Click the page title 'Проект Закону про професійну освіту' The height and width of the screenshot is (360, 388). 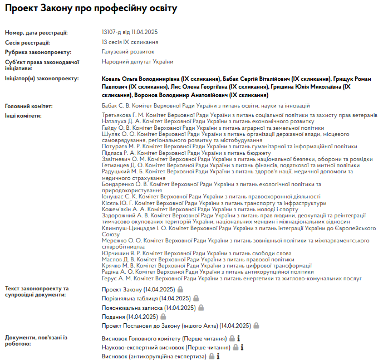pos(91,9)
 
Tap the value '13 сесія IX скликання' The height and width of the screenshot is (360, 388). pos(130,42)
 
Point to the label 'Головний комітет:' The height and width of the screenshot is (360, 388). pos(28,106)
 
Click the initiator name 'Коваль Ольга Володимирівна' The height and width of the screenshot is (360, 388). pos(140,79)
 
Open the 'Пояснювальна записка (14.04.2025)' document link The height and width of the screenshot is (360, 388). pos(148,308)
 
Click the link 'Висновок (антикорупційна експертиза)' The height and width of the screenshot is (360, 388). pos(154,356)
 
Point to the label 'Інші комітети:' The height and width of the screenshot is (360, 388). pos(23,115)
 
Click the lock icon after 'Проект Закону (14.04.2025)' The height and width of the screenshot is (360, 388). pos(180,290)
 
